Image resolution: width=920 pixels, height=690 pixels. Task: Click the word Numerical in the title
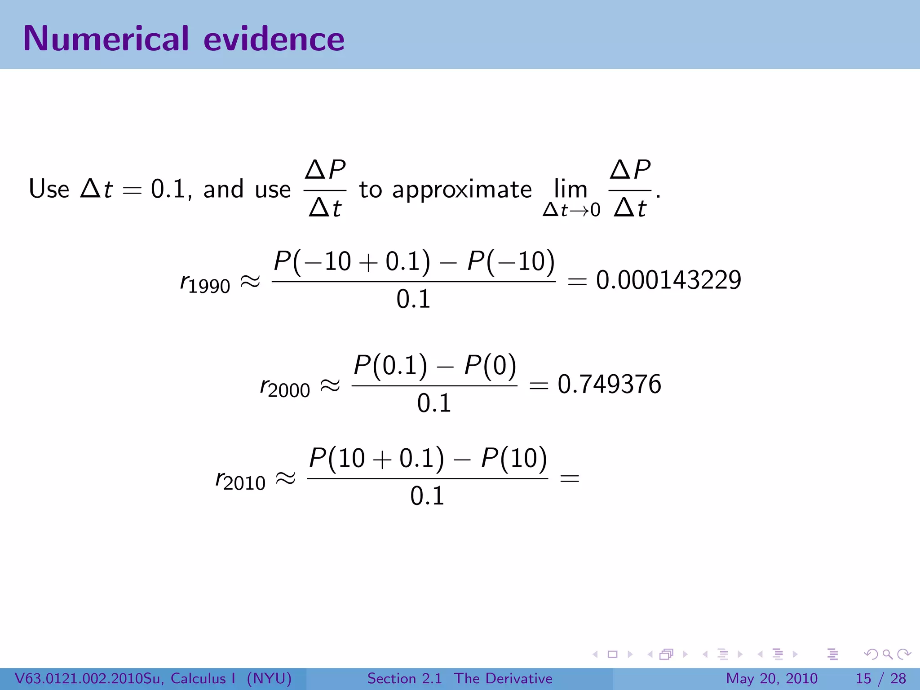pyautogui.click(x=106, y=39)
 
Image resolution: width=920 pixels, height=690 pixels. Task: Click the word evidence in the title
pyautogui.click(x=274, y=39)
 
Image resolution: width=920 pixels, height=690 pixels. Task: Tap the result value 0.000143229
pyautogui.click(x=668, y=280)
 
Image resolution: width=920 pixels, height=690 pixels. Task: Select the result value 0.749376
pyautogui.click(x=609, y=384)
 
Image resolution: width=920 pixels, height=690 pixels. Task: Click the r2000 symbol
pyautogui.click(x=285, y=388)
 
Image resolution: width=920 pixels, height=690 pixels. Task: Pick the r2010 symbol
pyautogui.click(x=240, y=481)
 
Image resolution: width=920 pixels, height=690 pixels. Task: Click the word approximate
pyautogui.click(x=462, y=190)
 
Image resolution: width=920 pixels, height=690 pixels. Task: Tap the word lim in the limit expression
pyautogui.click(x=571, y=189)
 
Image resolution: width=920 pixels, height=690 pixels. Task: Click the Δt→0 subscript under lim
pyautogui.click(x=571, y=210)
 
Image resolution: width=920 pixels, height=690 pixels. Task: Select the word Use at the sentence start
pyautogui.click(x=49, y=189)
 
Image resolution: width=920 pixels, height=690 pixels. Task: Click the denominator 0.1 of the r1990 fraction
pyautogui.click(x=413, y=299)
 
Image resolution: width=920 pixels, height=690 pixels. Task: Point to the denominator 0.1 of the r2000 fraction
pyautogui.click(x=434, y=403)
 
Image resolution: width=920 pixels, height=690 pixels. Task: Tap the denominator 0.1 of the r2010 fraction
pyautogui.click(x=427, y=496)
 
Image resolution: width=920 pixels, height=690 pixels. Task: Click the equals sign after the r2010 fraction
pyautogui.click(x=570, y=478)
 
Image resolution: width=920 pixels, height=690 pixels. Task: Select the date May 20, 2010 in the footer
pyautogui.click(x=771, y=678)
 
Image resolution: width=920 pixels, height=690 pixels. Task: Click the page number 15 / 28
pyautogui.click(x=880, y=678)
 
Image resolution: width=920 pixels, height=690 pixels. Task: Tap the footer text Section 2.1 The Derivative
pyautogui.click(x=460, y=678)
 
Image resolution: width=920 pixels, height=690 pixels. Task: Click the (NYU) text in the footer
pyautogui.click(x=269, y=678)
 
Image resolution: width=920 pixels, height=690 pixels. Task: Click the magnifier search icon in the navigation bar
pyautogui.click(x=887, y=654)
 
